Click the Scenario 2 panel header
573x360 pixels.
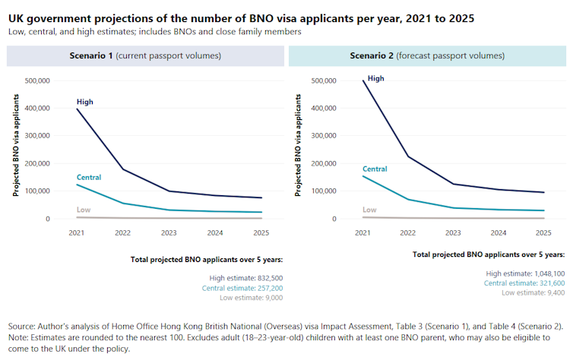[x=426, y=55]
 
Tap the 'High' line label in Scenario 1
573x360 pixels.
[x=85, y=102]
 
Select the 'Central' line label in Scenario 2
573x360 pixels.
[x=375, y=169]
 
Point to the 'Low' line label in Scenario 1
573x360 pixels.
[x=83, y=210]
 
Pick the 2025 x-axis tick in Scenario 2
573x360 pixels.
[x=543, y=232]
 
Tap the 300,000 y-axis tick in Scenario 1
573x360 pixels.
[x=37, y=136]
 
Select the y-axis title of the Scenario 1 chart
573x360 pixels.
[x=15, y=150]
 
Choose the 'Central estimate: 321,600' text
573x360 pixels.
[x=524, y=283]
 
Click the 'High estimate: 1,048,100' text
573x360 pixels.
[x=524, y=273]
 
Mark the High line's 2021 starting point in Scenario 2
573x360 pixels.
[x=362, y=81]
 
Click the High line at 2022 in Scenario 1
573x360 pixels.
[x=123, y=169]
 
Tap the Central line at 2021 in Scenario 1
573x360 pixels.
[x=77, y=185]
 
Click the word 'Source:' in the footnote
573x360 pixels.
[x=24, y=326]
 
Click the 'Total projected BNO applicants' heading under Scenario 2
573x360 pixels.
[x=489, y=254]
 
